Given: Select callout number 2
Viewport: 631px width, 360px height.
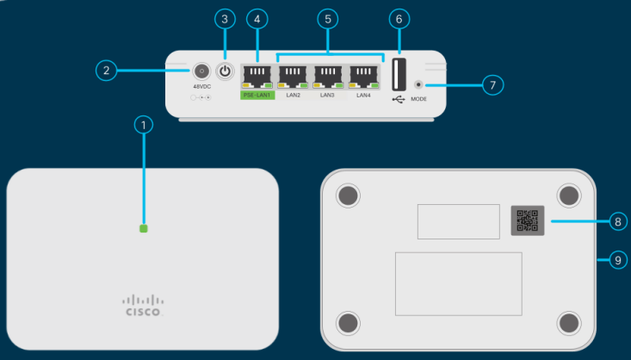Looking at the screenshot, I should coord(105,71).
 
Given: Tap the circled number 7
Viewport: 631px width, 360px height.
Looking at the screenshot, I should coord(492,84).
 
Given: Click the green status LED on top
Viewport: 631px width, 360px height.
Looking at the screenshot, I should coord(145,229).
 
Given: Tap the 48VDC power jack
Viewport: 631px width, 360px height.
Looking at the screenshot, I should coord(201,71).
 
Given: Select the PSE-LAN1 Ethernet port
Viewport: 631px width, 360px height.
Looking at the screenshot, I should coord(257,76).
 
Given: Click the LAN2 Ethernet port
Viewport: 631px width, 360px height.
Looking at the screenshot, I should coord(294,76).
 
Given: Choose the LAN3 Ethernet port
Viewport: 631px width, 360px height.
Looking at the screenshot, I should coord(329,76).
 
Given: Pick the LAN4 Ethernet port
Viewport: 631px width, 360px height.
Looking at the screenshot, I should coord(364,76).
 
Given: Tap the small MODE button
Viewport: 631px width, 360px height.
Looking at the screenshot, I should coord(419,85).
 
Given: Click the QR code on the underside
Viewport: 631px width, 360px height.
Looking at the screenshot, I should coord(526,220).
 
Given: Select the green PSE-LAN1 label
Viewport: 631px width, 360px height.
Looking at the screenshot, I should coord(257,95).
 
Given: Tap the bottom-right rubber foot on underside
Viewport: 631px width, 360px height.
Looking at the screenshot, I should coord(569,322).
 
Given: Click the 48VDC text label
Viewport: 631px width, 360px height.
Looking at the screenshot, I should coord(201,87).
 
